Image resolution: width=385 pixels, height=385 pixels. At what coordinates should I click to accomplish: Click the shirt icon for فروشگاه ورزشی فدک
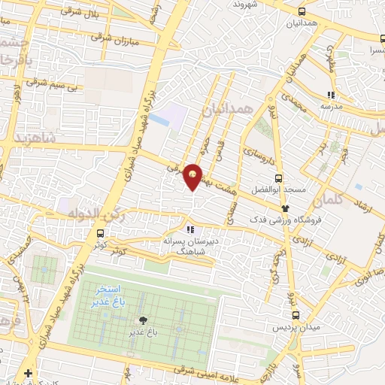[285, 208]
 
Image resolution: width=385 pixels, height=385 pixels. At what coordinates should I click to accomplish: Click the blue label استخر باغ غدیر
[116, 294]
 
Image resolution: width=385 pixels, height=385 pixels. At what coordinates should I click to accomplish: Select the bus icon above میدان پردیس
[296, 315]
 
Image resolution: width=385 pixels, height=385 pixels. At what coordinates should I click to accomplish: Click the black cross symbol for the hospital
[29, 374]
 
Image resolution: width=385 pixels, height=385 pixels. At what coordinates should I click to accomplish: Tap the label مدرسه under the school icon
[331, 107]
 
